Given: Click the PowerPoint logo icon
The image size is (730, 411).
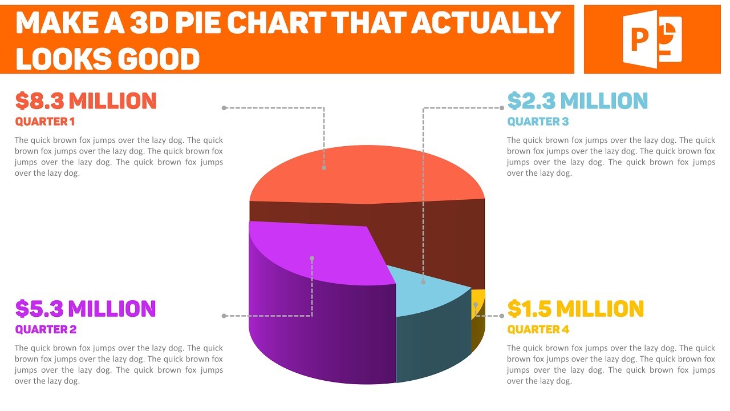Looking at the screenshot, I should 653,39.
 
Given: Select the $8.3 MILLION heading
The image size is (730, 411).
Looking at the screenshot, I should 86,101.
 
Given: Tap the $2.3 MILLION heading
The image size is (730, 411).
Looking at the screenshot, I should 577,101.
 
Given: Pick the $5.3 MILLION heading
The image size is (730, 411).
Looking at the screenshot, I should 86,309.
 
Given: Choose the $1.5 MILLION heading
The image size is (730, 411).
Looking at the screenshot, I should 575,309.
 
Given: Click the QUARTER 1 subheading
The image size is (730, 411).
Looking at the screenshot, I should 45,122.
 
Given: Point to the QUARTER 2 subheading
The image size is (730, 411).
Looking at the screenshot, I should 46,329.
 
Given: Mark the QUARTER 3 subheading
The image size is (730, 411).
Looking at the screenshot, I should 538,122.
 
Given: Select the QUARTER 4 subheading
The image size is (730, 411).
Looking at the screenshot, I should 538,329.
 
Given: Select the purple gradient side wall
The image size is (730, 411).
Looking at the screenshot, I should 319,331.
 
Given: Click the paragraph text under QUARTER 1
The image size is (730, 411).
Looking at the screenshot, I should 119,156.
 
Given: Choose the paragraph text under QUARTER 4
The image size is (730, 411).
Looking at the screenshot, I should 611,364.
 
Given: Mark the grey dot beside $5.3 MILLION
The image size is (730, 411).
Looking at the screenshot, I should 224,316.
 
